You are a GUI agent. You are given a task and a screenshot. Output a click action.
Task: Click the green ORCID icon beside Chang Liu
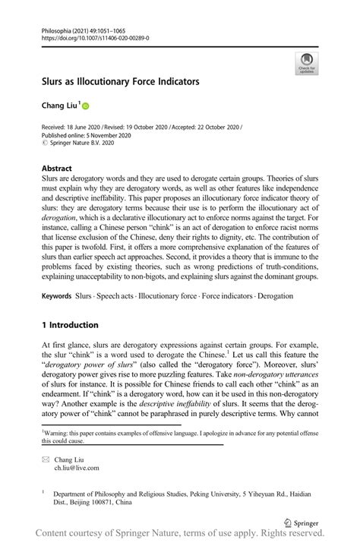[86, 106]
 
